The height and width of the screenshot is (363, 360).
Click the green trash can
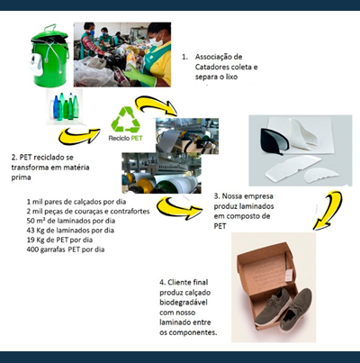point(50,56)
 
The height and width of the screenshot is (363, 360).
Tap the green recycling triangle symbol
point(126,120)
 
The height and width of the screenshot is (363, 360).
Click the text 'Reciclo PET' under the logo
point(126,139)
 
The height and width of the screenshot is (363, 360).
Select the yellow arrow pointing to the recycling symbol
point(79,135)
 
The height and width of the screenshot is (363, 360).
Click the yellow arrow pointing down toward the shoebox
point(328,210)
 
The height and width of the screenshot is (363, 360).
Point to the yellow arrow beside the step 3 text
point(179,208)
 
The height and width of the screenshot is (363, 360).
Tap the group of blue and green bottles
point(66,106)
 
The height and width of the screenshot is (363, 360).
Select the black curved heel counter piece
point(274,141)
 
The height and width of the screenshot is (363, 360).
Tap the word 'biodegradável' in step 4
point(184,303)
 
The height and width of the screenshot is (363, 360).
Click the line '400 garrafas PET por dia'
point(66,250)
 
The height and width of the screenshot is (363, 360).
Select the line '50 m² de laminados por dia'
point(71,221)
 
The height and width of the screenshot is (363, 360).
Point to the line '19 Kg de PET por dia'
point(59,240)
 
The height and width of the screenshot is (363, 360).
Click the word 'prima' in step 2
point(21,177)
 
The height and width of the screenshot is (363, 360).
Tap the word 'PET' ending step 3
point(220,226)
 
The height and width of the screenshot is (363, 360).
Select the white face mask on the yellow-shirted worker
point(157,41)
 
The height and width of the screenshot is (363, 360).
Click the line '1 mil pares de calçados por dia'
point(76,202)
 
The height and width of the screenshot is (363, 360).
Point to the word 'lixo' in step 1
point(231,77)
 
